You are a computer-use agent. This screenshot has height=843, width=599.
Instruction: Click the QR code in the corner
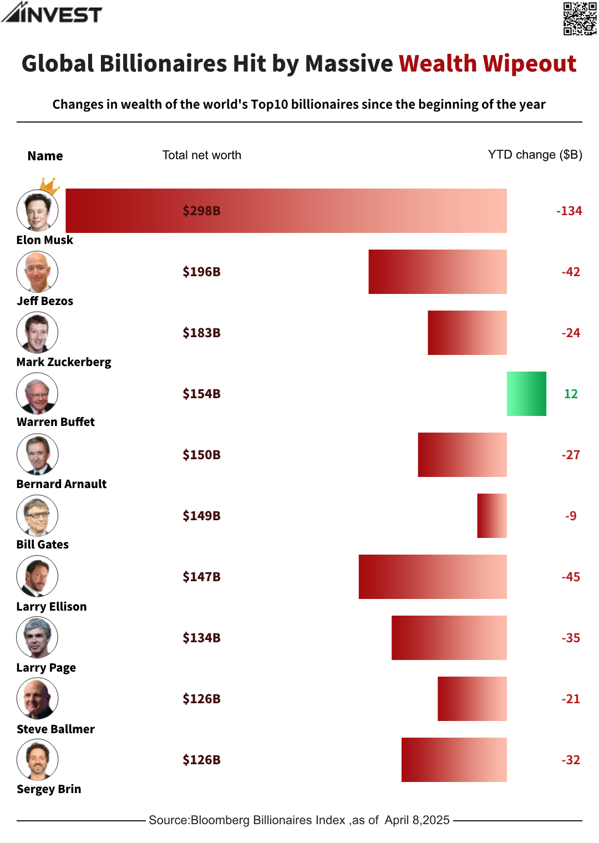point(580,18)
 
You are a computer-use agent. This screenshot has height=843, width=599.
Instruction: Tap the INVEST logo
point(52,13)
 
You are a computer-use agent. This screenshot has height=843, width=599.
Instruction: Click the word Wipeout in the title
point(529,64)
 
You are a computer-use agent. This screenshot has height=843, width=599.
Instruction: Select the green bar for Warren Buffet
point(526,394)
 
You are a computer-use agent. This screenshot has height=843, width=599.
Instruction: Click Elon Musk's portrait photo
point(37,211)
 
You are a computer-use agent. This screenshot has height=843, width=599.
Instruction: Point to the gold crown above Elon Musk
point(50,186)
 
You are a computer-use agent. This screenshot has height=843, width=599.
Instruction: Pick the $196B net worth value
point(202,272)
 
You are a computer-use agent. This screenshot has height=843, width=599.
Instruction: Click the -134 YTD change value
point(569,211)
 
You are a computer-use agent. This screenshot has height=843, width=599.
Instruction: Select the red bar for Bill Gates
point(492,516)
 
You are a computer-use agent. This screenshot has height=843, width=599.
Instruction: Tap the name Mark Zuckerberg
point(64,362)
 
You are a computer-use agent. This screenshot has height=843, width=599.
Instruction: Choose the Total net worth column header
point(202,155)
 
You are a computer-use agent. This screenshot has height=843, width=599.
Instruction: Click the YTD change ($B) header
point(535,155)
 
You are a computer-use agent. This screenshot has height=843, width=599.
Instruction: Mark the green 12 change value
point(571,394)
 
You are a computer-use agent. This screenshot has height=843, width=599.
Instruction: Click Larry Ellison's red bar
point(433,577)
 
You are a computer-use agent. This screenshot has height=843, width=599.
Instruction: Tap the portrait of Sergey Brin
point(37,759)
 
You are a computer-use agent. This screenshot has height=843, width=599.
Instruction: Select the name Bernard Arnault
point(62,484)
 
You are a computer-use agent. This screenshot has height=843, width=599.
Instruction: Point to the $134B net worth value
point(202,638)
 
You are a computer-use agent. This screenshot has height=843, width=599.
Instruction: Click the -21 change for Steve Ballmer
point(571,699)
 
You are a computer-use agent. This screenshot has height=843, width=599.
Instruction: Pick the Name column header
point(45,156)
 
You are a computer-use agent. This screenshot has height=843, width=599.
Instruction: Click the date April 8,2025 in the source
point(417,820)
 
